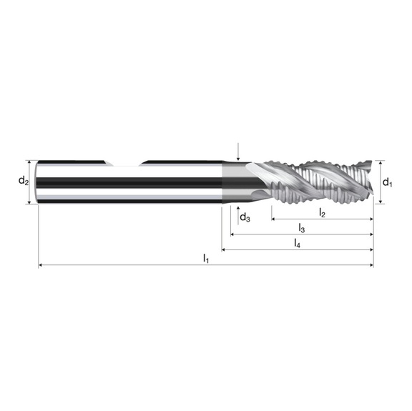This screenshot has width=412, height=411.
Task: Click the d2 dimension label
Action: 24,182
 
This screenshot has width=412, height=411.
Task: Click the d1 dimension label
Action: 387,182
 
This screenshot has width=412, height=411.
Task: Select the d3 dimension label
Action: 245,217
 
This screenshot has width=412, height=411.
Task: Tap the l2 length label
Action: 322,212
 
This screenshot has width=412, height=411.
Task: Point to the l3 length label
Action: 302,228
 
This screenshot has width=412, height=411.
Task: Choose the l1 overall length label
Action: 206,258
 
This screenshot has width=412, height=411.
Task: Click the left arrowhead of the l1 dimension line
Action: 41,266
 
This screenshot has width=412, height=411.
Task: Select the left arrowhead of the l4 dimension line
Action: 224,249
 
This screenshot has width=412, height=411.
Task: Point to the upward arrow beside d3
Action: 237,208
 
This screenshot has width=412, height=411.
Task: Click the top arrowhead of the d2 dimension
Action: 30,163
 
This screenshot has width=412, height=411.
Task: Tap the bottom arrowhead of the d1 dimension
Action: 380,202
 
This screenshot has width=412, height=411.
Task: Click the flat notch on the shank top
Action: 129,164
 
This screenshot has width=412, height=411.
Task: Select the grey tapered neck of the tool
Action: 234,182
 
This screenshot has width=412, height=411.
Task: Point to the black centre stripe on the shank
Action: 129,182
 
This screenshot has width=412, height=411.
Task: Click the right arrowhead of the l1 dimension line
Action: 371,266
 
